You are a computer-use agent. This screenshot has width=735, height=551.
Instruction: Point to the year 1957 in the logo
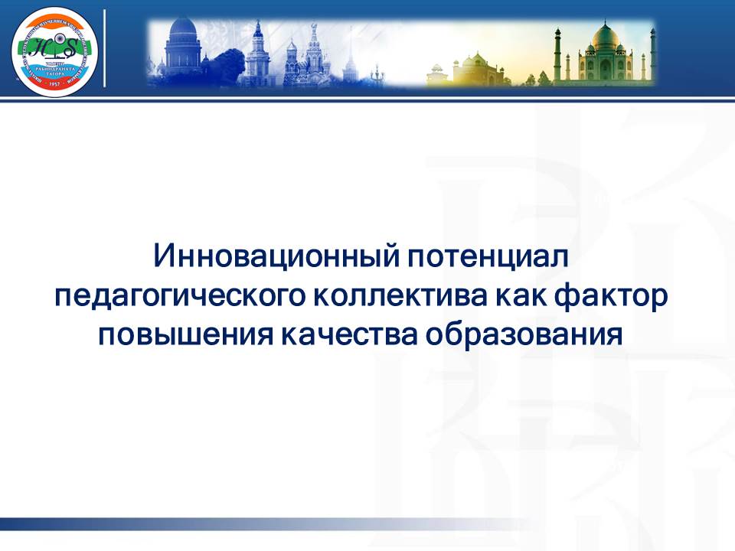click(x=54, y=86)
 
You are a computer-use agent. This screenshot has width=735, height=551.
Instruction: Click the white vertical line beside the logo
click(x=104, y=49)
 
